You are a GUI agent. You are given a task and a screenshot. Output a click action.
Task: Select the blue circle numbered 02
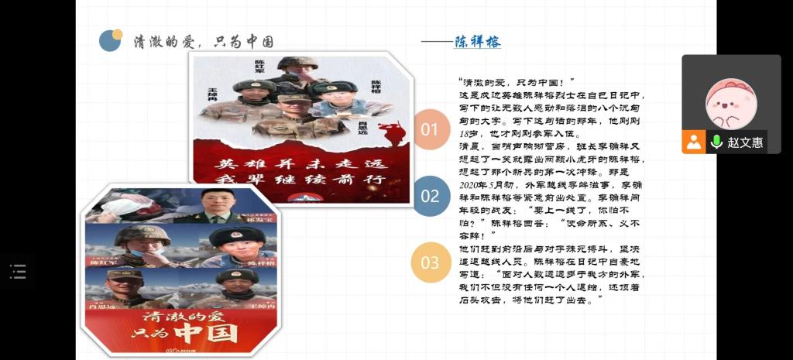coord(430,197)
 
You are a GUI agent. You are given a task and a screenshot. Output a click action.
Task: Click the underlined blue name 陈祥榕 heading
coord(477,42)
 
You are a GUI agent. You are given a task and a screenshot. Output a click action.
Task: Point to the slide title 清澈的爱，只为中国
coord(204,42)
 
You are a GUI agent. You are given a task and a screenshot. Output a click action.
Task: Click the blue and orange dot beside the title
coord(111,39)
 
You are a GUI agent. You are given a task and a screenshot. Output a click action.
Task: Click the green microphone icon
coord(716,142)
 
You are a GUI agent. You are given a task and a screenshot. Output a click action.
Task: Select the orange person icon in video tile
coord(694,142)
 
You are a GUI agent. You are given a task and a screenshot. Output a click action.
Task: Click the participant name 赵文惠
coord(745,142)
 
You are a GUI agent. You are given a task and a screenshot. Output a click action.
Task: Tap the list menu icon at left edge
coord(18,271)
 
